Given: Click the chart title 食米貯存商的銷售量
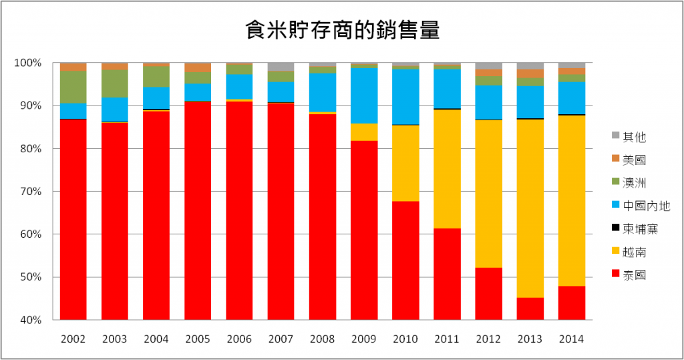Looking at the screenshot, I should pos(342,31).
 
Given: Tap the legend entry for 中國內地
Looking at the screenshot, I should pos(645,206).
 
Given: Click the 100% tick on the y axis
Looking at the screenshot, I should pos(29,63).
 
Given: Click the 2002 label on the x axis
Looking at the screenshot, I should pos(73,339).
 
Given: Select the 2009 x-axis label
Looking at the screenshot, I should pos(364,339).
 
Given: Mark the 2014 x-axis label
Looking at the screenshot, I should pos(572,339).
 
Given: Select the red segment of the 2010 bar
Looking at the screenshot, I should pos(405,260).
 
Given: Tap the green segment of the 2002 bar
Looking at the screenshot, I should pos(73,87).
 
